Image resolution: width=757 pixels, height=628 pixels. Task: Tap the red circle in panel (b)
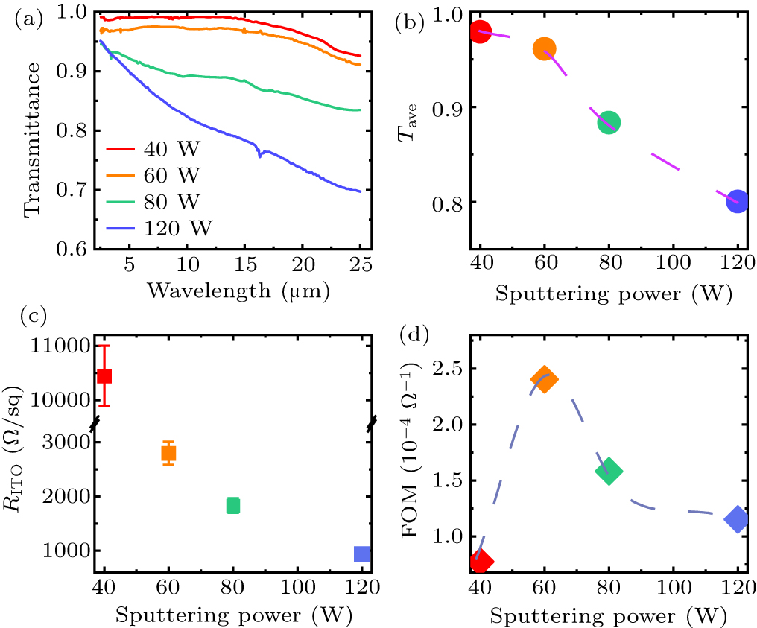[481, 32]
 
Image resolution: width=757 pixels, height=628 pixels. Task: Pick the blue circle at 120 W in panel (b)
[737, 202]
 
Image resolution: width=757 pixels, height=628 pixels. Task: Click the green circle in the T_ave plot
[609, 122]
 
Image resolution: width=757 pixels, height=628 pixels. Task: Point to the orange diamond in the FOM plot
[545, 378]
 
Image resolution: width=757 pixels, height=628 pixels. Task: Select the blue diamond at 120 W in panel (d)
[737, 519]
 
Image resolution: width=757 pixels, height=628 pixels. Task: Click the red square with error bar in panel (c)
[104, 375]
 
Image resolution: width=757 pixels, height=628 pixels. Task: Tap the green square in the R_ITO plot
[233, 505]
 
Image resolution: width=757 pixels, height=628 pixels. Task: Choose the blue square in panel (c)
[362, 554]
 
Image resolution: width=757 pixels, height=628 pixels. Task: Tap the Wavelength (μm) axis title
[238, 290]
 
